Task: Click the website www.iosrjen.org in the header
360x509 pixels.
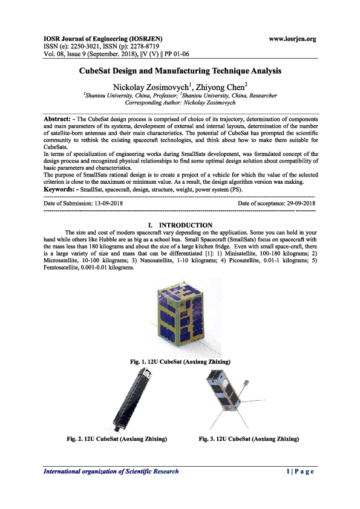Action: point(293,39)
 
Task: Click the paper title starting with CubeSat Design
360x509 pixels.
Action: point(180,70)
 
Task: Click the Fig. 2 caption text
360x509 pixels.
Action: point(116,437)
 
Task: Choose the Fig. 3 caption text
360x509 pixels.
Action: point(249,437)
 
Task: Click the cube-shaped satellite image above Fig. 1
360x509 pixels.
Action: point(182,317)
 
